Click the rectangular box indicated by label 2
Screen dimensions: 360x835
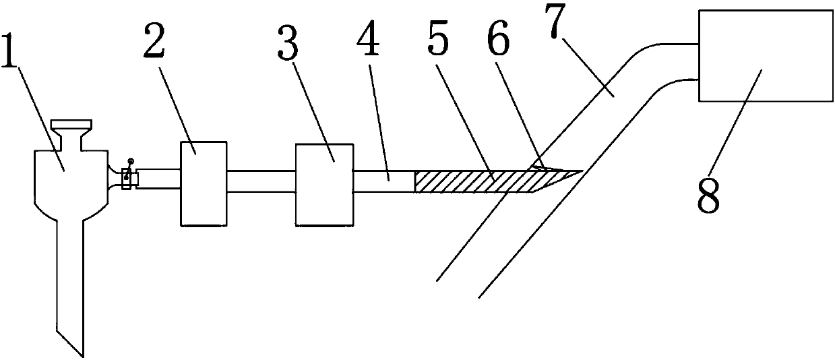tap(203, 183)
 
